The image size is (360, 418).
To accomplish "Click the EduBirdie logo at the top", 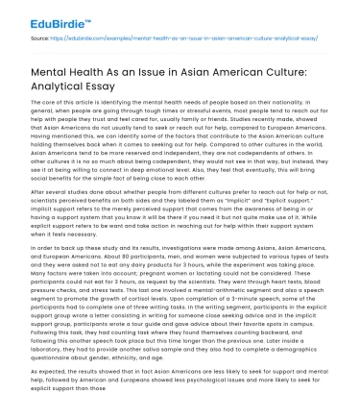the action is pyautogui.click(x=38, y=15).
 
